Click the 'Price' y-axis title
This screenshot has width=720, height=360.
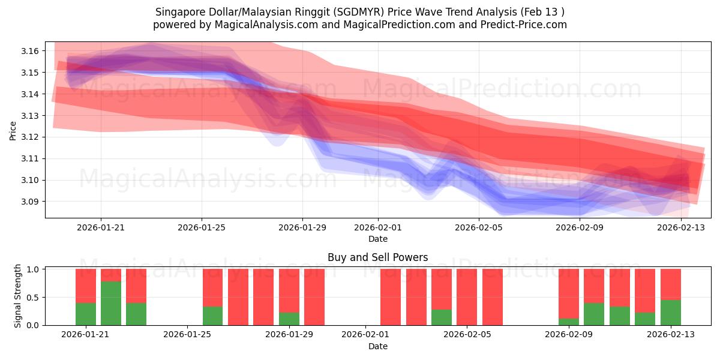point(13,130)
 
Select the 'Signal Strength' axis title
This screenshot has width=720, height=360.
point(18,296)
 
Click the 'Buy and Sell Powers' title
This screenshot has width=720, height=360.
point(378,257)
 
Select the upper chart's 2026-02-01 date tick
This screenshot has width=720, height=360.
point(378,227)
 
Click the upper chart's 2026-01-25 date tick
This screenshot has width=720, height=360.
point(202,227)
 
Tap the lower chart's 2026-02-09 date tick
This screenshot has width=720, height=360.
point(567,334)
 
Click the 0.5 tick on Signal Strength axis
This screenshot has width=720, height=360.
point(32,298)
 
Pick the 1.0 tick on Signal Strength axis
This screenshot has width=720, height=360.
point(32,269)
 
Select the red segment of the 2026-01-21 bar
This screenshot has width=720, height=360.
point(86,286)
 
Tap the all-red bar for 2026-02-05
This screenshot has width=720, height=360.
point(467,297)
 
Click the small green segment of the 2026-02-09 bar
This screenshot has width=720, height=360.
point(569,322)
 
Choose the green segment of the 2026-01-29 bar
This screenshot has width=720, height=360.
point(289,319)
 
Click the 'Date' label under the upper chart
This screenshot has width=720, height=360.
point(378,239)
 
